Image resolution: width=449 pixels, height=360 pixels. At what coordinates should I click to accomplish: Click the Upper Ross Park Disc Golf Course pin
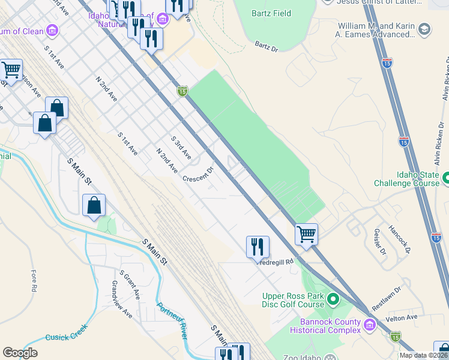[334, 298]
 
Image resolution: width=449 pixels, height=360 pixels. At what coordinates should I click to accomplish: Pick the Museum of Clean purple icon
[52, 29]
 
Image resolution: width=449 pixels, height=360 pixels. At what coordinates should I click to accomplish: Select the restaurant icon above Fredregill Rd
[258, 246]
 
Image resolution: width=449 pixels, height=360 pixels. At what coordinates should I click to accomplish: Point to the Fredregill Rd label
[276, 262]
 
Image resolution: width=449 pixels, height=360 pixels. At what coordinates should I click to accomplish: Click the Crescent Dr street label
[199, 175]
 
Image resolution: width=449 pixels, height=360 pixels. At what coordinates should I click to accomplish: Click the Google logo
[20, 353]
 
